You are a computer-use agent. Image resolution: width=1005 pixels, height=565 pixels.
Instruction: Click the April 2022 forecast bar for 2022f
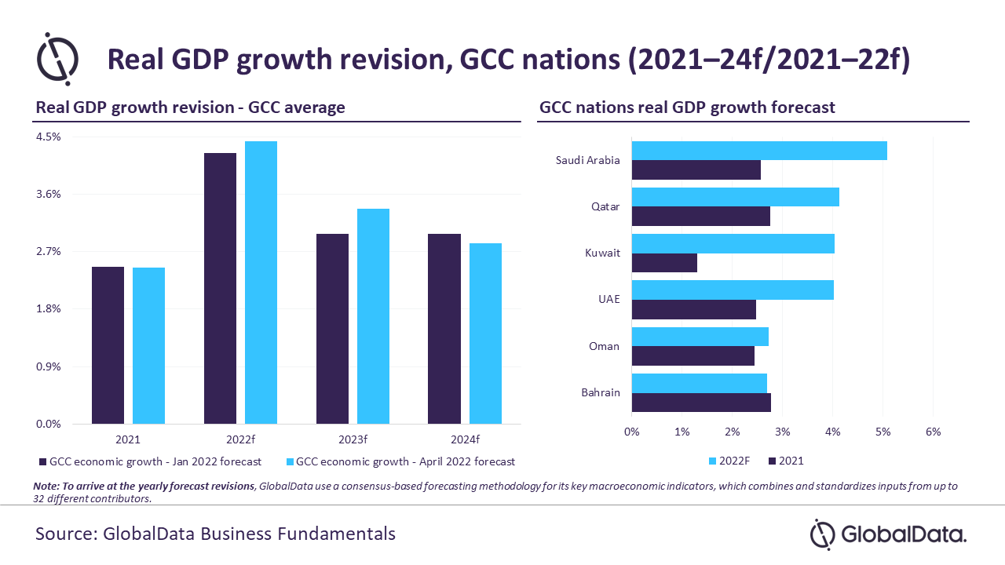(x=261, y=282)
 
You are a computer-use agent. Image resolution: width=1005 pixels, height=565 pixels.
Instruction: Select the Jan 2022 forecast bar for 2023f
(x=332, y=329)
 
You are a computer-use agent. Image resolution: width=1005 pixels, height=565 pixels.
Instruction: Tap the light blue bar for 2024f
(x=485, y=334)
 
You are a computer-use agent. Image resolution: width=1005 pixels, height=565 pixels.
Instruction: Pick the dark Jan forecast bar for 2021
(x=108, y=345)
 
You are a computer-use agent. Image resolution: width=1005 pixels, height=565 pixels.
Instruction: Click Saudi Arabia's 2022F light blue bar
(x=759, y=151)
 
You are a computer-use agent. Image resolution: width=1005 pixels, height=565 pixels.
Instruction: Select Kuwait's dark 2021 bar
(x=664, y=263)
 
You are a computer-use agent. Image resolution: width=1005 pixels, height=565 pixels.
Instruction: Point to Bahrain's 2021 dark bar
(x=701, y=403)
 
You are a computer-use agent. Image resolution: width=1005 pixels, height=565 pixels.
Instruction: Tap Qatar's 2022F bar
(x=735, y=197)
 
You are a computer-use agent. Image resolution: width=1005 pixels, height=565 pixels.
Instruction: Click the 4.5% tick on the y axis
(x=48, y=137)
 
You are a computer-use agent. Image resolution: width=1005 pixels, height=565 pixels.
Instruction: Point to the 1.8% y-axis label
(x=48, y=309)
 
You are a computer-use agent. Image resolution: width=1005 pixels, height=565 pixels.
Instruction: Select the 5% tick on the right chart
(x=883, y=432)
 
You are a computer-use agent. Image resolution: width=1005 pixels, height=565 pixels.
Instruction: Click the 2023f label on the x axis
(x=353, y=439)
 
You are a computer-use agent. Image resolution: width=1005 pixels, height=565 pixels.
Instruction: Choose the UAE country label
(x=608, y=300)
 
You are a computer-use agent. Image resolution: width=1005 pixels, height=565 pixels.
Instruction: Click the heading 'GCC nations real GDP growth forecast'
(x=687, y=108)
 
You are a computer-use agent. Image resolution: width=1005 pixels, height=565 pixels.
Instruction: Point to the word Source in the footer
(x=64, y=534)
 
